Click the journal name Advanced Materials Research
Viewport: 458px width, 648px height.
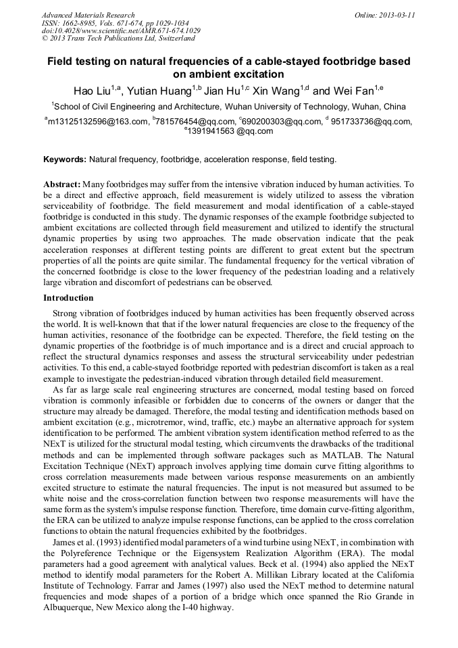(x=88, y=15)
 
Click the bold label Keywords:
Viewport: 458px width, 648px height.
(x=65, y=159)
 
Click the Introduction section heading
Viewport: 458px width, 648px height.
(x=68, y=298)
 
